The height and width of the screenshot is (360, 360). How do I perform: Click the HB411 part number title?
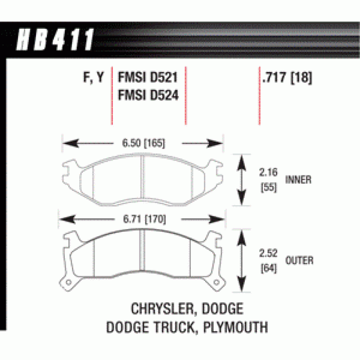[55, 40]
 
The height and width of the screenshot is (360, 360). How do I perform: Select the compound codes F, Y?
[94, 77]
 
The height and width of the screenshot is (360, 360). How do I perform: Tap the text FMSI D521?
[148, 77]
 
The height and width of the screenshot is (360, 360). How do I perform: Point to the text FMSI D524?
[148, 95]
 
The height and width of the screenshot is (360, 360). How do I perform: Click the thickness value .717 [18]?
[287, 77]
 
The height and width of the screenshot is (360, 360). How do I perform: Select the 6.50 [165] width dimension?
[143, 143]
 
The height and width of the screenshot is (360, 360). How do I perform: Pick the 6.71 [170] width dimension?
[144, 219]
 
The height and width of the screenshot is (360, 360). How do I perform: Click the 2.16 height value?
[268, 172]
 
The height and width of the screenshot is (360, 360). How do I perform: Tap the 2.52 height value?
[268, 253]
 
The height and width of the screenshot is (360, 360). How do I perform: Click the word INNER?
[298, 180]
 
